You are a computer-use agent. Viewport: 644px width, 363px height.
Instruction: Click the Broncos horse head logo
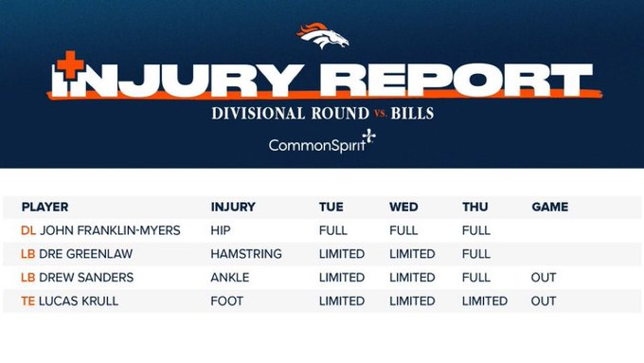(x=322, y=36)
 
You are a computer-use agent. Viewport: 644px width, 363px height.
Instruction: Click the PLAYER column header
(x=45, y=207)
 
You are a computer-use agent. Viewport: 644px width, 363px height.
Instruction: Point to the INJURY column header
(x=233, y=207)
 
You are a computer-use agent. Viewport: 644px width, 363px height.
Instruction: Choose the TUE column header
(x=331, y=207)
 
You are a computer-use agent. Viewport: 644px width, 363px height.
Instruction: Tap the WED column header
(x=403, y=207)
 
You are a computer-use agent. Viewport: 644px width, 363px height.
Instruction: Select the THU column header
(x=474, y=207)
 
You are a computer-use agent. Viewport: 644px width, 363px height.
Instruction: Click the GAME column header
(x=550, y=207)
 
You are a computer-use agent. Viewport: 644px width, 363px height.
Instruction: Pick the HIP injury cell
(x=221, y=230)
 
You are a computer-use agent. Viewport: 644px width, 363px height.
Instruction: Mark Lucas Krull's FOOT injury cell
(x=227, y=301)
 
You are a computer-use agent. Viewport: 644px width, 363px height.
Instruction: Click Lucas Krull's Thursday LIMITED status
(x=485, y=301)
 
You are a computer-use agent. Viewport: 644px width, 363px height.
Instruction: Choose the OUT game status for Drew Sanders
(x=544, y=278)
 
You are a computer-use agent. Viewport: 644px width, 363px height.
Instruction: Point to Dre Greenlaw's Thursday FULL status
(x=476, y=254)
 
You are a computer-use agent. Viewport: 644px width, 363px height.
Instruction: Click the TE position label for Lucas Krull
(x=27, y=301)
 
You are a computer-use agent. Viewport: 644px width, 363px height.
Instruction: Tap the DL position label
(x=27, y=230)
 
